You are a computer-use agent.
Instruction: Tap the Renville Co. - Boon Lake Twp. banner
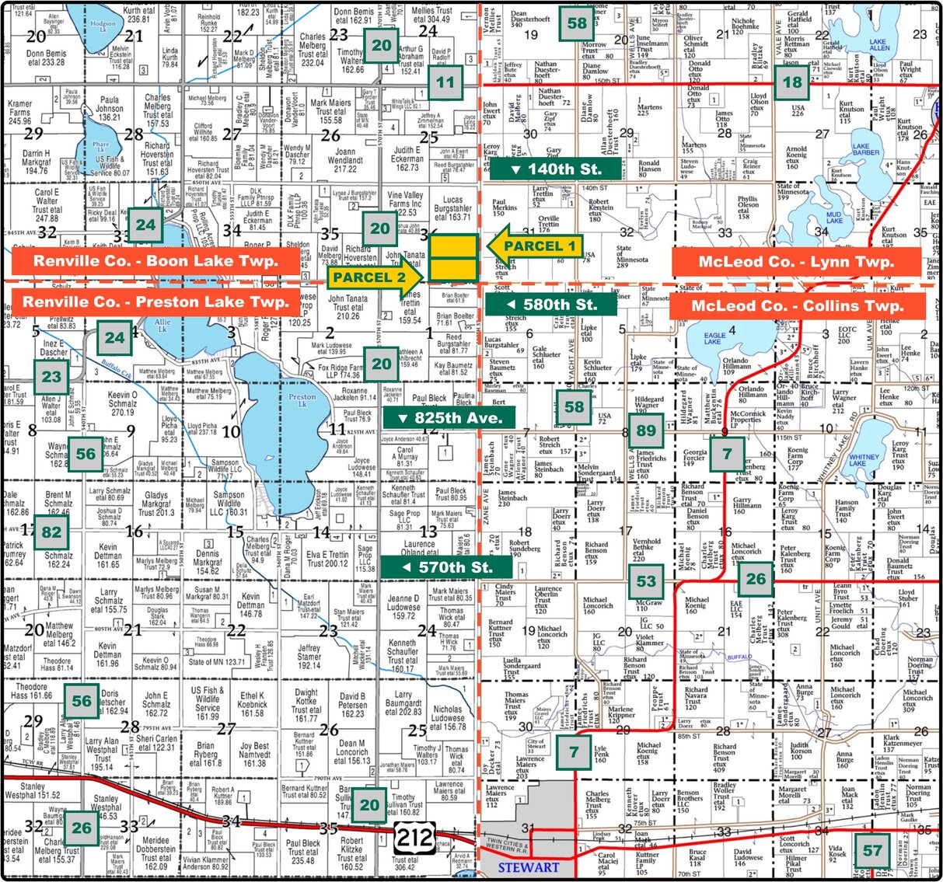tap(156, 261)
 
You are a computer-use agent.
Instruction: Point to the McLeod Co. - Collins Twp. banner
tap(798, 305)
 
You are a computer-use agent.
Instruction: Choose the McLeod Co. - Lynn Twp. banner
tap(796, 262)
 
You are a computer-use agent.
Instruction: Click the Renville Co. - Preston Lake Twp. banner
tap(155, 302)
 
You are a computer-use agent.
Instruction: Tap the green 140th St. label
tap(555, 169)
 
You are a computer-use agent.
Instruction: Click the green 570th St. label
tap(446, 567)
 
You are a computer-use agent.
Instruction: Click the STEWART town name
tap(529, 867)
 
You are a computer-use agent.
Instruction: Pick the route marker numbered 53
tap(646, 580)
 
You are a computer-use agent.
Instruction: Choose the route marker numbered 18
tap(792, 82)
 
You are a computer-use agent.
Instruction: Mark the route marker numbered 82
tap(51, 532)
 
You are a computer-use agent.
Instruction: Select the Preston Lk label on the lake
tap(302, 400)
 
